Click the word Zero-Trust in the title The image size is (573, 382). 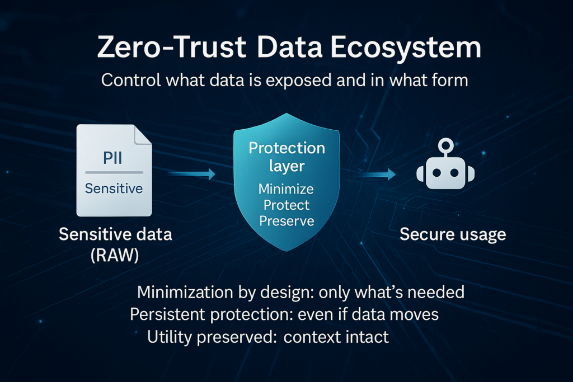point(170,48)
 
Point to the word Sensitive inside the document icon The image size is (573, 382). point(114,188)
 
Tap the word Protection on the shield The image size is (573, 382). point(286,148)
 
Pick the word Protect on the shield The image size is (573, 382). point(286,205)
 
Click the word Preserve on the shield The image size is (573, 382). point(286,220)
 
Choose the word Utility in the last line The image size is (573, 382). point(167,337)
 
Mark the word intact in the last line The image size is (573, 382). point(369,337)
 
